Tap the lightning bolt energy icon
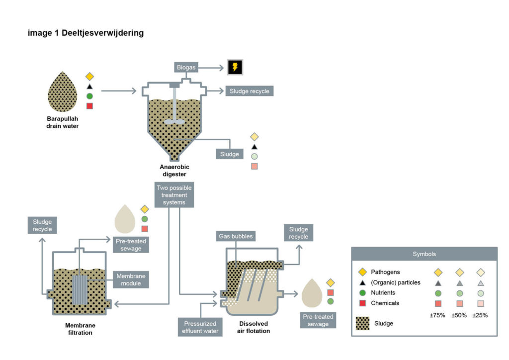[236, 67]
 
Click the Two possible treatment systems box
[174, 195]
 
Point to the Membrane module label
[128, 279]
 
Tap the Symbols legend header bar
[424, 254]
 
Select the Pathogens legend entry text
[385, 272]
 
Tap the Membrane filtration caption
[79, 329]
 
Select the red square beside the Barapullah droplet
[89, 106]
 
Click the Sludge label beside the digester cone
[230, 154]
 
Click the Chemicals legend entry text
[385, 303]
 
